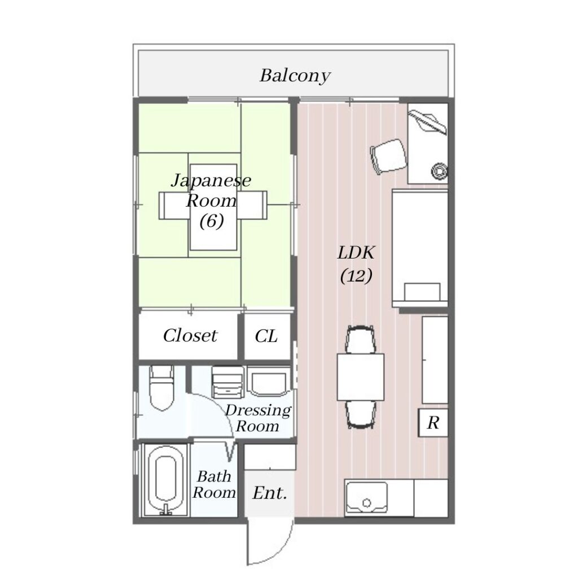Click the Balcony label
pos(295,76)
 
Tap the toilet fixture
pos(161,388)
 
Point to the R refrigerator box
pos(433,422)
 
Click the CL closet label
pos(266,336)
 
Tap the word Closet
pos(190,335)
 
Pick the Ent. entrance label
pos(270,493)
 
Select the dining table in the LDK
pos(361,376)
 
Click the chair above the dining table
pos(361,339)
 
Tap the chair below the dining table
pos(361,415)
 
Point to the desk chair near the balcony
pos(389,156)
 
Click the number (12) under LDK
pos(356,275)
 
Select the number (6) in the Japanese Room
pos(212,221)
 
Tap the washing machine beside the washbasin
pos(228,382)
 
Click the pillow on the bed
pos(422,292)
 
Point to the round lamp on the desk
pos(439,170)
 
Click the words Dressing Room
pos(257,418)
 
